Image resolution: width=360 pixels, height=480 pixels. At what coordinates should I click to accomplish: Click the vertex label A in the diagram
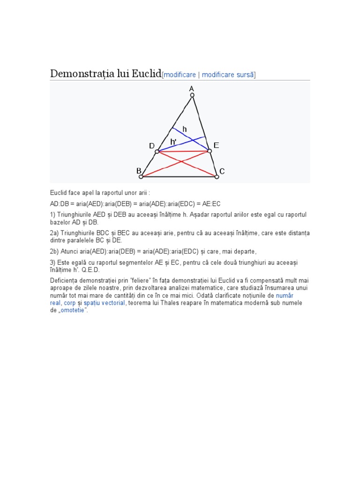pyautogui.click(x=191, y=88)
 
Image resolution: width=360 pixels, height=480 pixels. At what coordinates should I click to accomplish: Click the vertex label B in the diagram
pyautogui.click(x=139, y=172)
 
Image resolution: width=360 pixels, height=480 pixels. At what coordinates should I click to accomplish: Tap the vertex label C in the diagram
pyautogui.click(x=222, y=172)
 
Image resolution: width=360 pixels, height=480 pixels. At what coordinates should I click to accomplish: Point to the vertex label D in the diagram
pyautogui.click(x=152, y=146)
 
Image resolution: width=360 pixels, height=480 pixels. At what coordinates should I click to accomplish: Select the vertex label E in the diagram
pyautogui.click(x=216, y=146)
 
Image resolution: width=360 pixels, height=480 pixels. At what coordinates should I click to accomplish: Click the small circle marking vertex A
pyautogui.click(x=192, y=96)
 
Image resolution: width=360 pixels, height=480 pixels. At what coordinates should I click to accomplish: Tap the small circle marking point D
pyautogui.click(x=157, y=151)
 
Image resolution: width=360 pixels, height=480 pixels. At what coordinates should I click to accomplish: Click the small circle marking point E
pyautogui.click(x=210, y=151)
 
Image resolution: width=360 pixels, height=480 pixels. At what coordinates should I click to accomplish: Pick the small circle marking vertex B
pyautogui.click(x=141, y=177)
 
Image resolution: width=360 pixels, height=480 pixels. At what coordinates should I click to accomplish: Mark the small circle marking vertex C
pyautogui.click(x=217, y=177)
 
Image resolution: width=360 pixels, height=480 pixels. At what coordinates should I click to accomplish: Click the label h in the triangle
pyautogui.click(x=185, y=129)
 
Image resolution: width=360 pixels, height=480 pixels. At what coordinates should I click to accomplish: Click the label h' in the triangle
pyautogui.click(x=173, y=142)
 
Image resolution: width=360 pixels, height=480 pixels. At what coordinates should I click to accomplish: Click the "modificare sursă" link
pyautogui.click(x=228, y=75)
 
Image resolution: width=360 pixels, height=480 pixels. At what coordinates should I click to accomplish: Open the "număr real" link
pyautogui.click(x=285, y=296)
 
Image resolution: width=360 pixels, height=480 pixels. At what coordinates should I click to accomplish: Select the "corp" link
pyautogui.click(x=69, y=303)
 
